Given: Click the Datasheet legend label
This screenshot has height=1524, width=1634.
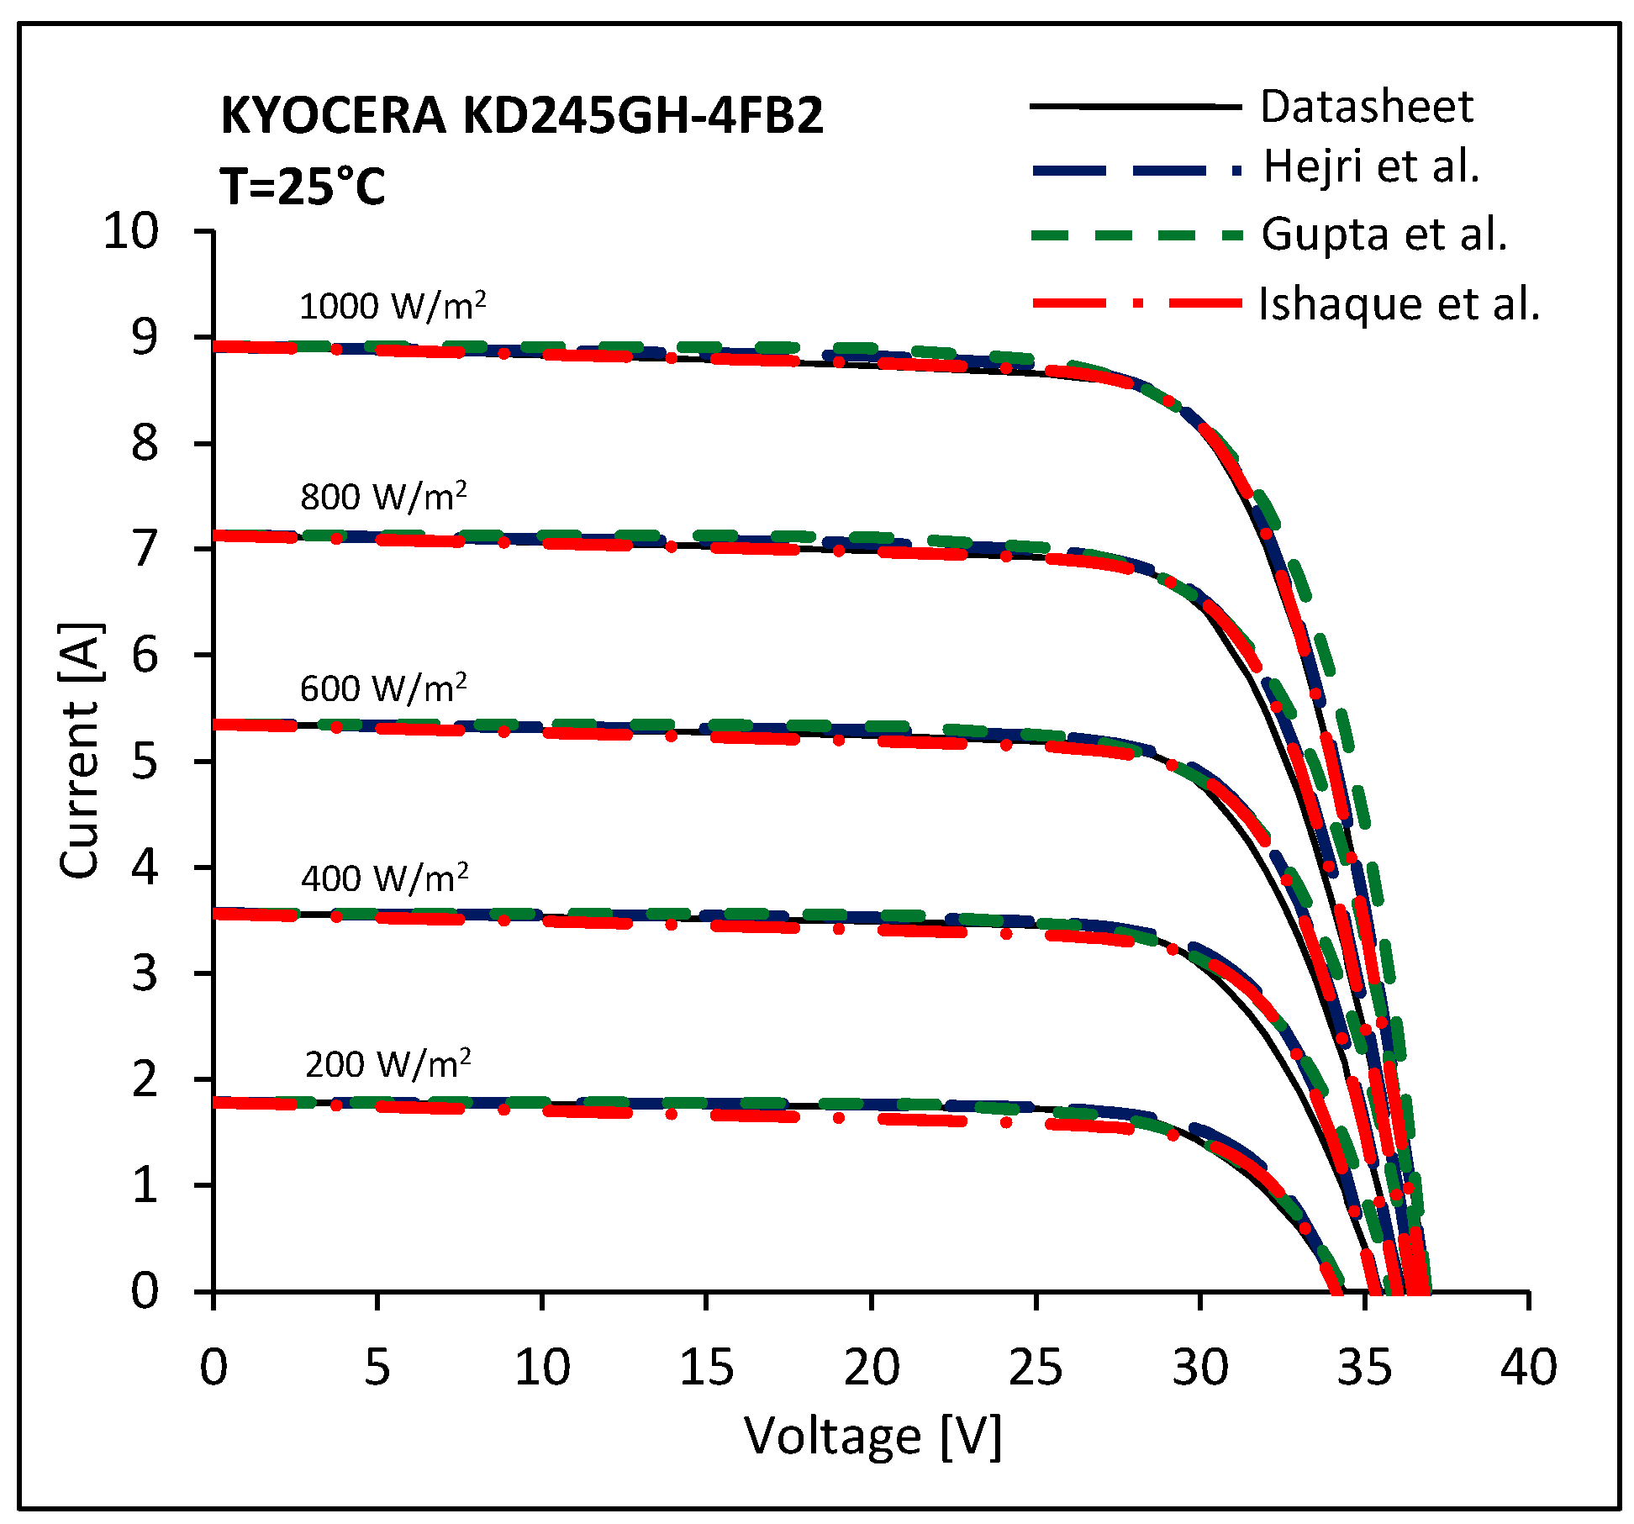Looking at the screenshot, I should pos(1367,107).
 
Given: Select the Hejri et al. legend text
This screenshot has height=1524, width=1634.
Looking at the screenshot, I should pos(1371,166).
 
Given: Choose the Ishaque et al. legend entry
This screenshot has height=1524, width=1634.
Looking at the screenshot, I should pos(1399,303).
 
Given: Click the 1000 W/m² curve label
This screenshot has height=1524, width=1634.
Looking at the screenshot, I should pos(393,306).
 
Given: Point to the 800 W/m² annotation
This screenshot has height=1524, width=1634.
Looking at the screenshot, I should pos(383,497).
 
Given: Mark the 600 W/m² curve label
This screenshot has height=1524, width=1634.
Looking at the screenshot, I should pos(383,688).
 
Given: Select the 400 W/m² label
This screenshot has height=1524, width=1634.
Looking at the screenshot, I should pos(384,878).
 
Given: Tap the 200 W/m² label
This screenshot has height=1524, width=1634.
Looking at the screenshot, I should pos(387,1065).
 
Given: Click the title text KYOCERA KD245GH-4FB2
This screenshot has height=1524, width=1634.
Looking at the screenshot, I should pos(521,115).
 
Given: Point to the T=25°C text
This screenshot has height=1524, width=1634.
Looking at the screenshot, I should pos(303,186).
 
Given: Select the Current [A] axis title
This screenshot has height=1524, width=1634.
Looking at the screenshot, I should pos(80,750).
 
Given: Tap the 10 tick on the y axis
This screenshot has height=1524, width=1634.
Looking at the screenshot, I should pos(131,230).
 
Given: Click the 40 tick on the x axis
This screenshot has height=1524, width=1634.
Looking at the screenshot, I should pos(1528,1367).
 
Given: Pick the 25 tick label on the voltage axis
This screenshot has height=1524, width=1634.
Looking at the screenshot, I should pos(1036,1367).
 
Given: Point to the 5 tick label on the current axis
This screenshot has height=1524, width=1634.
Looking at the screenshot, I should pos(144,762).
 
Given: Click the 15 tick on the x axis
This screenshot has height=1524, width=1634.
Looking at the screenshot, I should pos(706,1367).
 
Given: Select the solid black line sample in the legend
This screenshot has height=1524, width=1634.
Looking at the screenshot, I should pos(1135,107).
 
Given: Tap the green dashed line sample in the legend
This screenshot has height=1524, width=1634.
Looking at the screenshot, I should pos(1135,235).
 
